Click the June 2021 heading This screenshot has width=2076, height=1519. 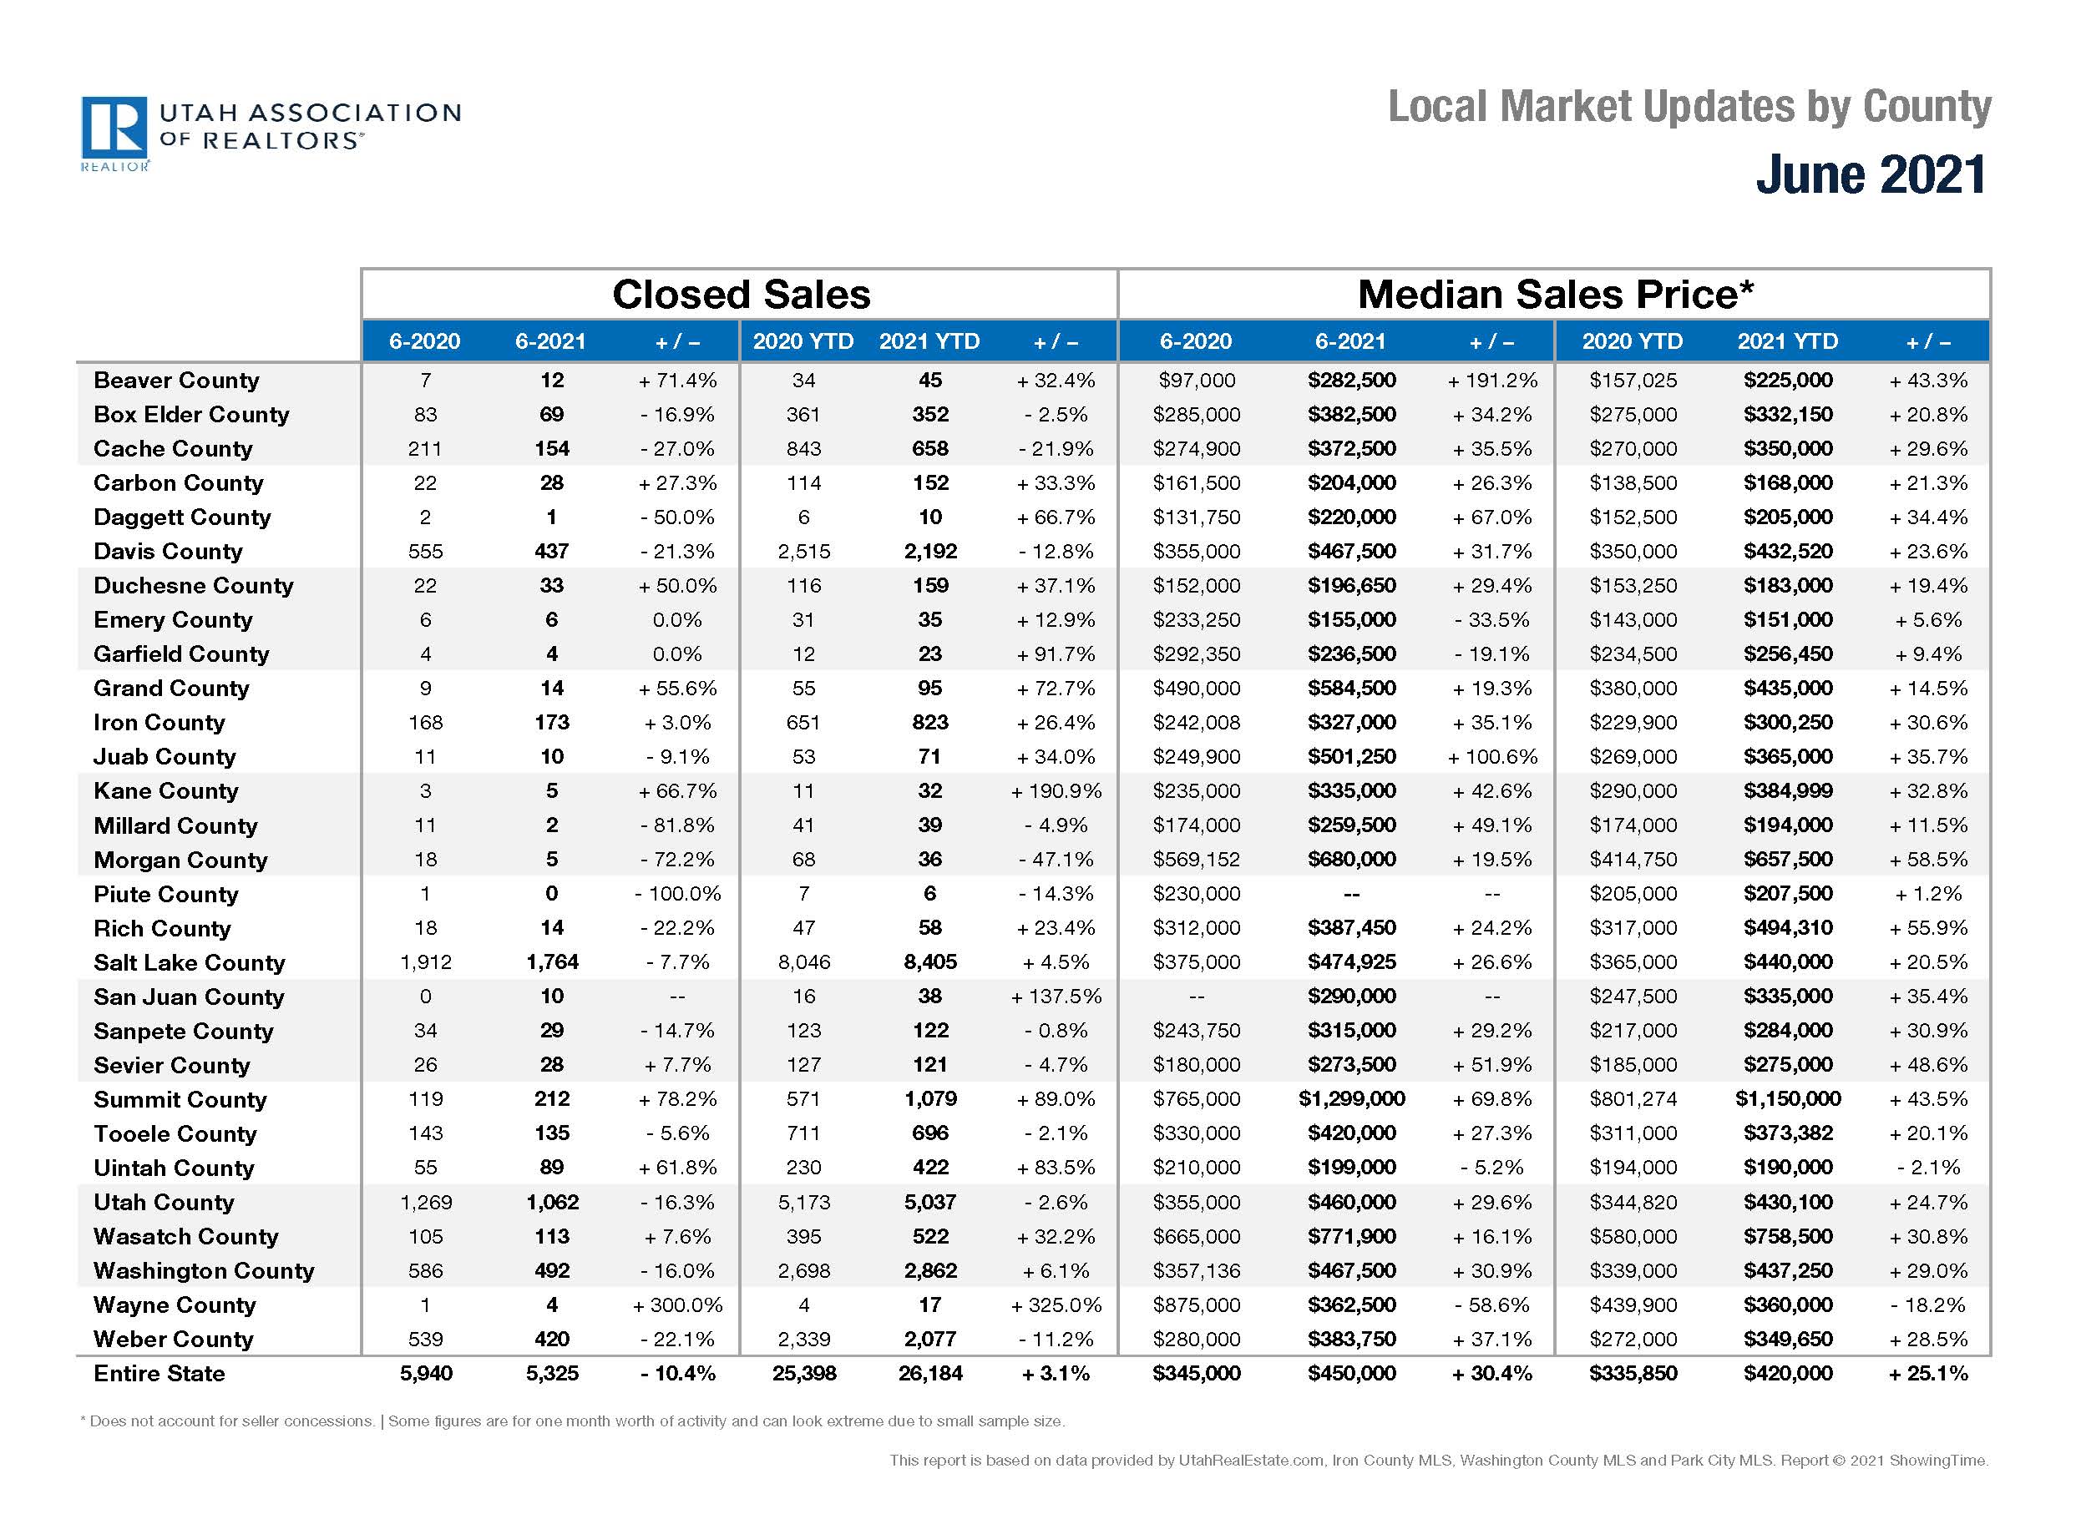click(1871, 174)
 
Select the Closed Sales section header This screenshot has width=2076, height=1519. click(741, 295)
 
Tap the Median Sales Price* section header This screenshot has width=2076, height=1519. click(1556, 295)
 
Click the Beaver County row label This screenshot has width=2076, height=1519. click(176, 380)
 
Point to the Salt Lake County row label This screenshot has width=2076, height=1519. click(190, 961)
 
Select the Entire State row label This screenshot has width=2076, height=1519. click(159, 1373)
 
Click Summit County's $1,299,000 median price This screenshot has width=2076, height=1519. click(1351, 1099)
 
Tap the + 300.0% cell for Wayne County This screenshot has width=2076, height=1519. click(678, 1305)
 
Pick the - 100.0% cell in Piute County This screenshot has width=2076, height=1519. click(678, 894)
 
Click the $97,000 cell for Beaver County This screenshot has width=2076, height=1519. click(1196, 380)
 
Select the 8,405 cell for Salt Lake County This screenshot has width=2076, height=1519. click(930, 961)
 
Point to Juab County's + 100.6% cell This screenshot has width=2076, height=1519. click(1492, 757)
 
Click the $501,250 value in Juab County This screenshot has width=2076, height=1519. click(1351, 757)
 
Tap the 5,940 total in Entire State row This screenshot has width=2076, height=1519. click(426, 1373)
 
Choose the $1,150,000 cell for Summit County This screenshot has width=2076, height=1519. click(1787, 1099)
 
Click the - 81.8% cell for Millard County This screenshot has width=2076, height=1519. click(678, 825)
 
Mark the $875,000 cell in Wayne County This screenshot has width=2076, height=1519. click(1196, 1305)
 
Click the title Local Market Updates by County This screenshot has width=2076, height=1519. click(1689, 107)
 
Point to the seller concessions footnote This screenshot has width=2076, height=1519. click(573, 1421)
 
